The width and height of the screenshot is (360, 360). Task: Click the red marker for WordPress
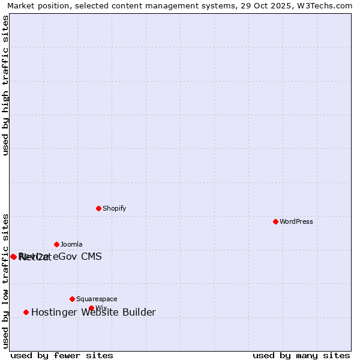point(275,221)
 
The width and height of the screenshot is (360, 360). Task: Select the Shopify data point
point(98,208)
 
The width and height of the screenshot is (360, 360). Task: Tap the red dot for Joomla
point(56,244)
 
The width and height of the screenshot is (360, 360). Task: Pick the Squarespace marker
point(72,299)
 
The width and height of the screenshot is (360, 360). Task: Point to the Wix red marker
point(91,308)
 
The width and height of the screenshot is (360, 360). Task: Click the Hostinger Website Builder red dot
point(26,312)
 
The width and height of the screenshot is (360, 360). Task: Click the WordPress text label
point(296,221)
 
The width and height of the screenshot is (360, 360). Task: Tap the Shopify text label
point(114,208)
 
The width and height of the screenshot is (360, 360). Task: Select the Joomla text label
point(71,244)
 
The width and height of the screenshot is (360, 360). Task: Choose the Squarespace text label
point(97,299)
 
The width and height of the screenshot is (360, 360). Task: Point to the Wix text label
point(101,308)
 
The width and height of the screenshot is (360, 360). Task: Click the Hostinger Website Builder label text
point(93,312)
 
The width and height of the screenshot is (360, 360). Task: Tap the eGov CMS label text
point(77,257)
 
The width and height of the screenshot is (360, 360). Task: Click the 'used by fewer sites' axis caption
point(62,355)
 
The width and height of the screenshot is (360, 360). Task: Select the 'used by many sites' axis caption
point(301,355)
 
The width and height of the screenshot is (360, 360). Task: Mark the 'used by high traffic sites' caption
point(6,85)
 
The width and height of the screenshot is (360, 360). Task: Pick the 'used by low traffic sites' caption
point(6,280)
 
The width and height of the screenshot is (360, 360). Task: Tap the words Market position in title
point(35,5)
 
